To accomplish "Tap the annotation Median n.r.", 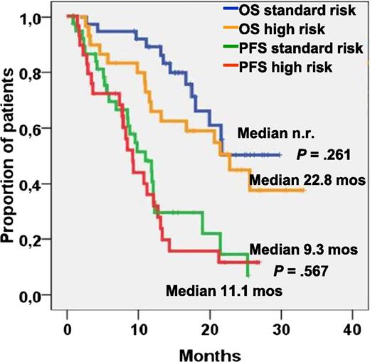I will coord(270,133).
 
